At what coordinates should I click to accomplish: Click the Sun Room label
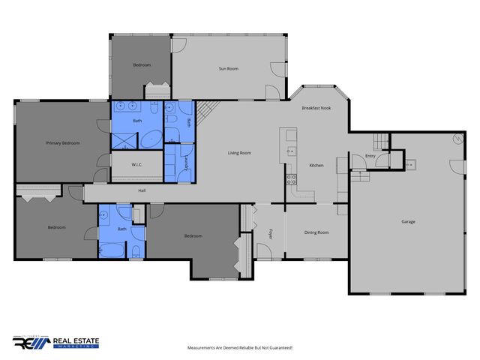click(x=228, y=69)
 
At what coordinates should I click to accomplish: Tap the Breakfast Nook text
click(x=316, y=109)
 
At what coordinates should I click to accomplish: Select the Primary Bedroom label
click(x=63, y=142)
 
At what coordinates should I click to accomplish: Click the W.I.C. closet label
click(x=137, y=164)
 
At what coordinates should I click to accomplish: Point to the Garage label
click(x=408, y=221)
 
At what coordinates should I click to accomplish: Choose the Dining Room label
click(x=316, y=232)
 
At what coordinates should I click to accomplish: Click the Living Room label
click(x=239, y=153)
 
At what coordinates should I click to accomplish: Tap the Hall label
click(x=142, y=190)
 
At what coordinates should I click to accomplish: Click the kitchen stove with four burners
click(x=291, y=179)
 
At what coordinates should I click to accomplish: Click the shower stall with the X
click(x=124, y=139)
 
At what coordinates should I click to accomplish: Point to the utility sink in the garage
click(x=410, y=163)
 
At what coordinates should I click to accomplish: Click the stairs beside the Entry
click(x=382, y=140)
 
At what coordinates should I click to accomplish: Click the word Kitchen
click(x=316, y=165)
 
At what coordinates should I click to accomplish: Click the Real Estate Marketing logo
click(x=55, y=343)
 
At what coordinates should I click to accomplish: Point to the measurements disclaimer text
click(x=239, y=348)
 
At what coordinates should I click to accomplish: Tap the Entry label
click(x=370, y=156)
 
